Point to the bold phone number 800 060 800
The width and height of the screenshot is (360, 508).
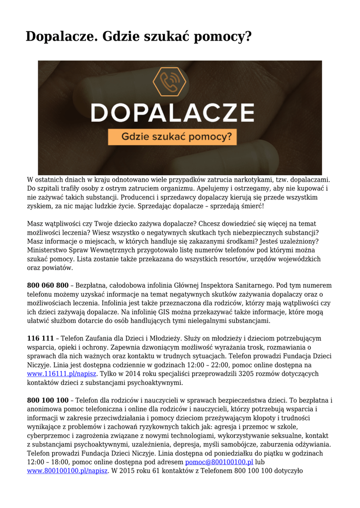coord(48,286)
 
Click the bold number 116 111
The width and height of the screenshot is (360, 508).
coord(40,338)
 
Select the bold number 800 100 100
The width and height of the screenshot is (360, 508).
coord(48,400)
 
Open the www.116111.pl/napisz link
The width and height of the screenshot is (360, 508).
coord(62,374)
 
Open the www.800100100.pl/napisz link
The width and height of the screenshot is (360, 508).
coord(67,471)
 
